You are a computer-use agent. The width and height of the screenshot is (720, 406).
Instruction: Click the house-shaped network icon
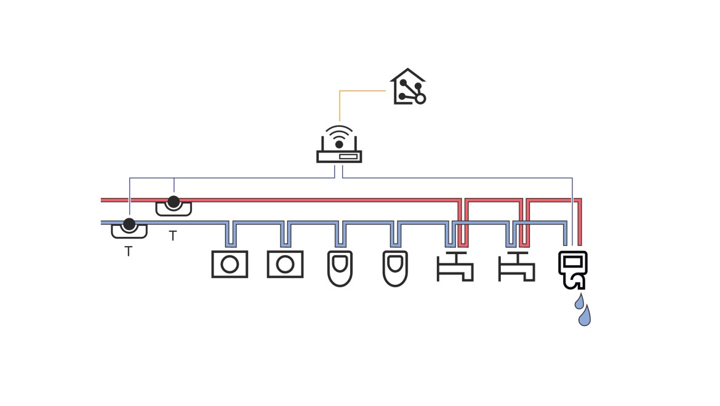[409, 87]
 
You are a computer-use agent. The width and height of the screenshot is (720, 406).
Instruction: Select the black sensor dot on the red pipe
[174, 201]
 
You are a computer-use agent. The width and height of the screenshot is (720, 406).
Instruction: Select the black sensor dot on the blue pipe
[129, 224]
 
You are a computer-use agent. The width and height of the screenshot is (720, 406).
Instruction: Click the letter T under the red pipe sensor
[173, 236]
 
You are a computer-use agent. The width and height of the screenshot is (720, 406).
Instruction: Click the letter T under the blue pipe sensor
[129, 251]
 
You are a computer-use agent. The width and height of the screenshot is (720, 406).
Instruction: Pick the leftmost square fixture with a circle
[230, 265]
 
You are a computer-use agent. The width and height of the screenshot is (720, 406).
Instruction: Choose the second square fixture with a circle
[285, 265]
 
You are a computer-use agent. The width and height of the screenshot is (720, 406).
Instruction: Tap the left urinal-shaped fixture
[340, 268]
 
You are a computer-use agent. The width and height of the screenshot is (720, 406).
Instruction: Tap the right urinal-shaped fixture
[395, 268]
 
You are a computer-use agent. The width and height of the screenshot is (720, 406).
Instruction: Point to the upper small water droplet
[579, 301]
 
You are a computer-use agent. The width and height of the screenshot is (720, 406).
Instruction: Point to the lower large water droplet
[585, 316]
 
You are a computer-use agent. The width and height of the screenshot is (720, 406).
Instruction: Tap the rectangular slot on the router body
[348, 157]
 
